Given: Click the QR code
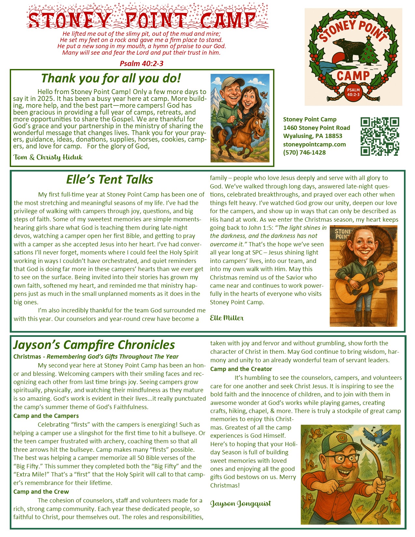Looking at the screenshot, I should pos(380,136).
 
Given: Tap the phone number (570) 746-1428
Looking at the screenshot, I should pos(304,153).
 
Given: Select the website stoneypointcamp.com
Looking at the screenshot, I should pos(314,145).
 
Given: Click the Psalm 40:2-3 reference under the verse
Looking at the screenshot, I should pos(141,63).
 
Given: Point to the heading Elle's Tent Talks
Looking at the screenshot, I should pos(109,180).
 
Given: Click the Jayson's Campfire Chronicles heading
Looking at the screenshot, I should pos(94,345).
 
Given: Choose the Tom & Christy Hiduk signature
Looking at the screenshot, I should pos(48,158).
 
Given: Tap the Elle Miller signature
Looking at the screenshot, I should pos(227,318).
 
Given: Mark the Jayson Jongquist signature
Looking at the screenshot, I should pos(240,504).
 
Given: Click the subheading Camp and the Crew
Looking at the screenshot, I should pos(41,492).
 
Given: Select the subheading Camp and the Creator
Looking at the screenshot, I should pos(241,369).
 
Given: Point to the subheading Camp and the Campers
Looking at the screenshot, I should pos(46,416).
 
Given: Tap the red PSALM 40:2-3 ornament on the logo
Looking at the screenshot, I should pos(353,92).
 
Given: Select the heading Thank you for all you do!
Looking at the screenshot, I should pos(111,78).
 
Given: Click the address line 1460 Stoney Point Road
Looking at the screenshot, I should pos(316,128).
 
